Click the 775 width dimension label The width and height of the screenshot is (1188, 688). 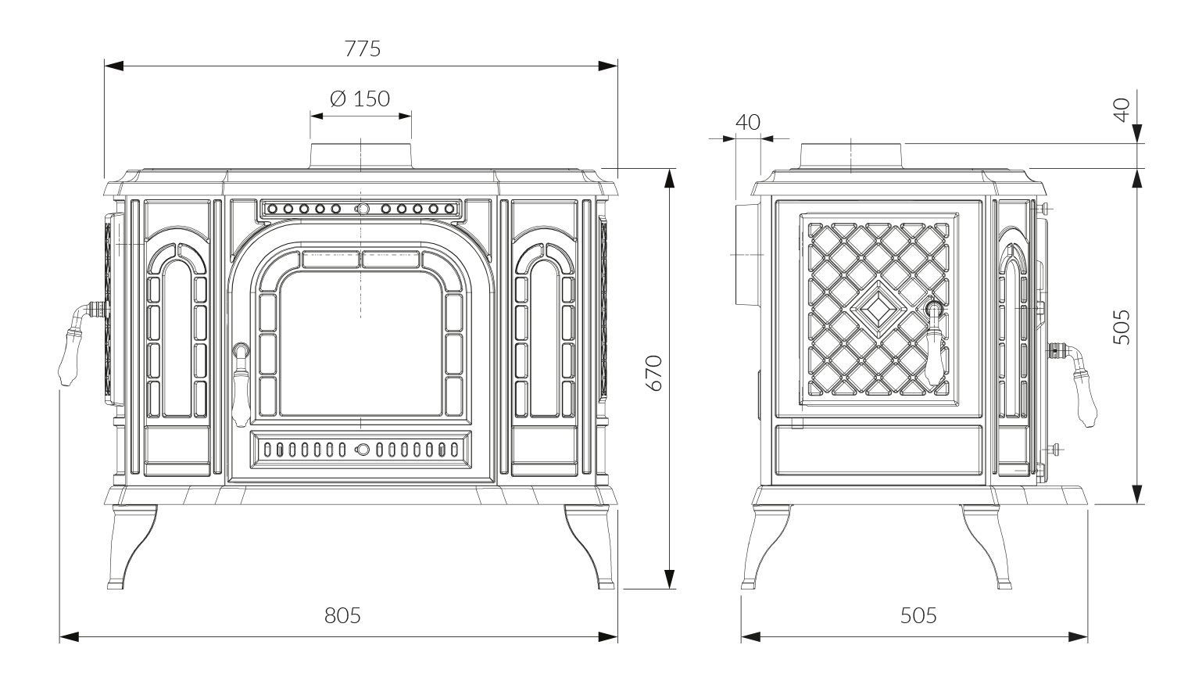(x=363, y=48)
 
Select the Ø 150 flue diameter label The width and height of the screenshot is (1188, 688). (x=360, y=99)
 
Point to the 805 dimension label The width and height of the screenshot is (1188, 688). (x=342, y=615)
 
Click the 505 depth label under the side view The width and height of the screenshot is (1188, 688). (x=918, y=615)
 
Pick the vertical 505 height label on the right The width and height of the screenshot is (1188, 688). (x=1122, y=328)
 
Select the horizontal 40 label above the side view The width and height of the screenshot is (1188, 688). (x=748, y=123)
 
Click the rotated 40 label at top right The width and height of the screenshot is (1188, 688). (x=1122, y=109)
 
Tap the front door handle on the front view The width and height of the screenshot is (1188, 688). (x=242, y=384)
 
